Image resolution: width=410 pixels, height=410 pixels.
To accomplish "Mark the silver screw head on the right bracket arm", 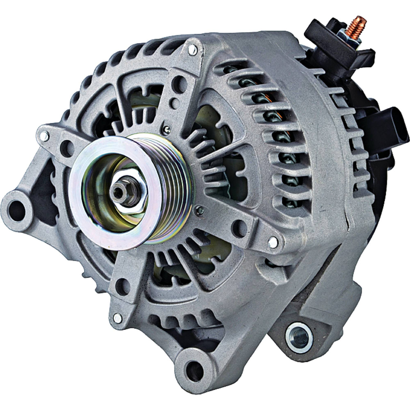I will coord(273,239).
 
